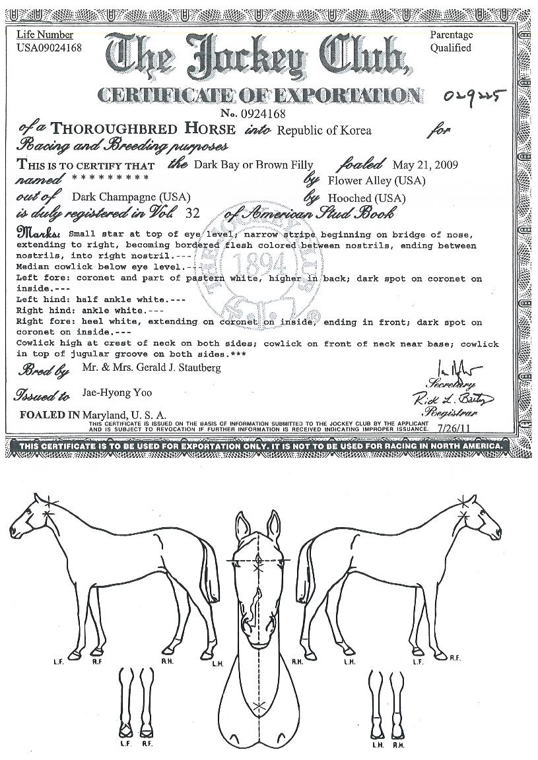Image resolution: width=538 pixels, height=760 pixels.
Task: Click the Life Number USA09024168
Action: point(49,47)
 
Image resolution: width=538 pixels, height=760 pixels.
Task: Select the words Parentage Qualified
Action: point(452,41)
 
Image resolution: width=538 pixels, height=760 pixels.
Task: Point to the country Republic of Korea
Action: point(323,130)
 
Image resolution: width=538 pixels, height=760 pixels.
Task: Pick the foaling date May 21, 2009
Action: point(424,164)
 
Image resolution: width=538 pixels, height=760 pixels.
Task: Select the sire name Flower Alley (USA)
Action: point(376,180)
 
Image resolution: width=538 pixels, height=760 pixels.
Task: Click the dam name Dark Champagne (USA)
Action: point(131,197)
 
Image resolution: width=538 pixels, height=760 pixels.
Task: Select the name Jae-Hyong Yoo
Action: point(117,393)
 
